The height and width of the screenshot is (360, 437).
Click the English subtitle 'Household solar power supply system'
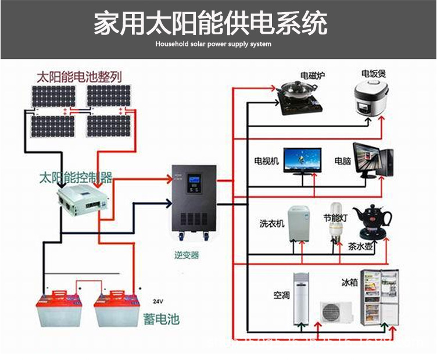tap(213, 44)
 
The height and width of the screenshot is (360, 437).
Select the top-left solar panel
tap(53, 96)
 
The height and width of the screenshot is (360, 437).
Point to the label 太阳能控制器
tap(75, 176)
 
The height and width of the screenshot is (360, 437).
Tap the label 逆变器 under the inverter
tap(186, 255)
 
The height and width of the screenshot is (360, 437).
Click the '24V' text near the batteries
tap(157, 301)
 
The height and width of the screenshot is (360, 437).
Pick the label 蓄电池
tap(160, 318)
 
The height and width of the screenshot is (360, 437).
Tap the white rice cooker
tap(370, 98)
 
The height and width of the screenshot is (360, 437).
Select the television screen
tap(302, 158)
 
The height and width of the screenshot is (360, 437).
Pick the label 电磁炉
tap(313, 76)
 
